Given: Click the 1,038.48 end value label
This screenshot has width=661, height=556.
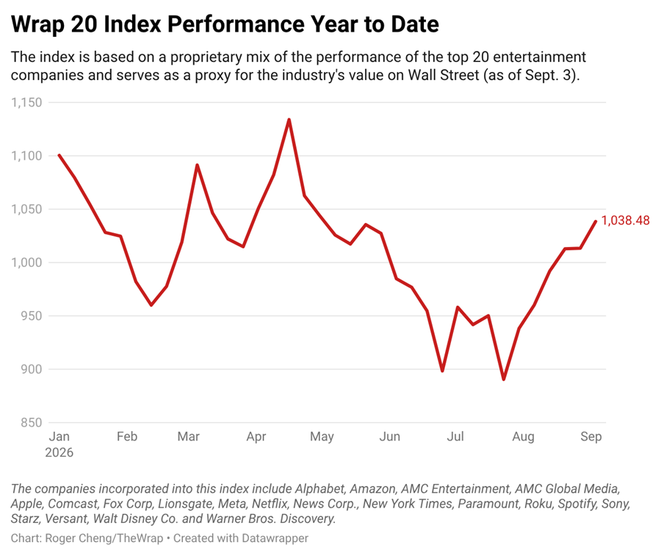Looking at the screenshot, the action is pos(625,221).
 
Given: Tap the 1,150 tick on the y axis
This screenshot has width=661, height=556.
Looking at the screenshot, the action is pos(26,102).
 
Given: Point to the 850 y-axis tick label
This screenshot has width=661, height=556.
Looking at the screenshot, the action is pos(31,423).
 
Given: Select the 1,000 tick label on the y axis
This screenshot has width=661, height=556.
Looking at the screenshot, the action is pos(26,263).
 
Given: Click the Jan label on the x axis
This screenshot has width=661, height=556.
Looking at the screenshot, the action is pos(59,437).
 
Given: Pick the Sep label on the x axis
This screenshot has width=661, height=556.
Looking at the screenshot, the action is pos(591,437).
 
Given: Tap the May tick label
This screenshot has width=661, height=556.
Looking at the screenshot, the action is pos(322,437).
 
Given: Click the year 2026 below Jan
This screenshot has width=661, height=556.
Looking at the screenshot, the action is pos(59,452).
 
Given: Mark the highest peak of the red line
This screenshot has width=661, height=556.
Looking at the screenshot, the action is pos(289,119).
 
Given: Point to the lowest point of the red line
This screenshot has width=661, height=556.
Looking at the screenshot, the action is pos(504,379).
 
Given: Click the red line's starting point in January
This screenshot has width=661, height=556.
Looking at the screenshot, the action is pos(59,155).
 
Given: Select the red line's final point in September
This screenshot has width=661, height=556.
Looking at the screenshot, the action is pos(595,221).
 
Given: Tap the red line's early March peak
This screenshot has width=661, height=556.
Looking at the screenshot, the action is pos(197,165).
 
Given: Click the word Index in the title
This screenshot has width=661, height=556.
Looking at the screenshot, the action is pos(132,24).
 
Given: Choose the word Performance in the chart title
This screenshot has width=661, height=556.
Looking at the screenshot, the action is pos(236,24).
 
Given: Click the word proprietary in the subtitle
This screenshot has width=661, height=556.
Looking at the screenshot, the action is pos(206,57).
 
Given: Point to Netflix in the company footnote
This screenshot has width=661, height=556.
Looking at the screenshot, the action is pos(270,504).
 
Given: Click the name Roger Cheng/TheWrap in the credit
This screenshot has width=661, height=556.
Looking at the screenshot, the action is pos(104,538).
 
